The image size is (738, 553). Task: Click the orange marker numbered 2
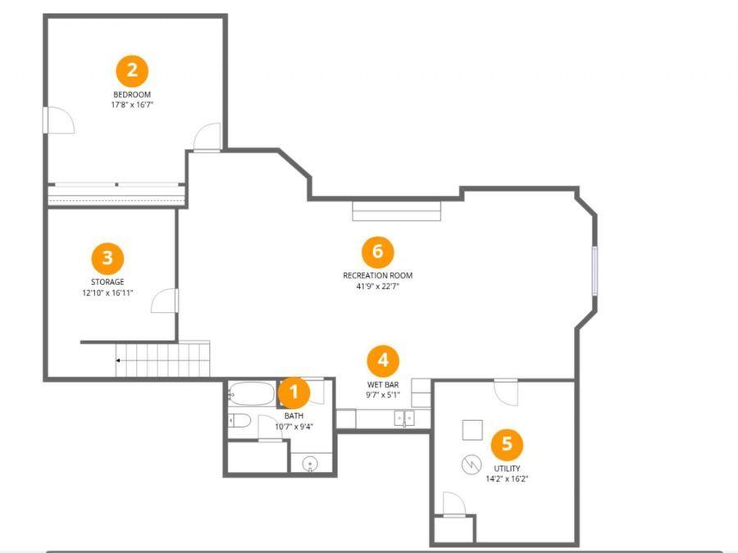pos(132,71)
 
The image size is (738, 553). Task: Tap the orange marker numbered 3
pos(107,258)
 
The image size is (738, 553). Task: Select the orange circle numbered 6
pos(378,252)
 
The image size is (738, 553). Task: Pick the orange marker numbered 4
pos(383,360)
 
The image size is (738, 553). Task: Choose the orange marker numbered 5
pos(507,444)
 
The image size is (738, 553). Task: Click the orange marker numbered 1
pos(294,392)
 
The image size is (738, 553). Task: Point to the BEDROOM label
pos(132,94)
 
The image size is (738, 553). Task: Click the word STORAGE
pos(107,282)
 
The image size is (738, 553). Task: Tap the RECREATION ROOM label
pos(378,275)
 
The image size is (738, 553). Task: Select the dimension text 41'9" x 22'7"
pos(378,287)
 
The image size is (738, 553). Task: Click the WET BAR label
pos(383,385)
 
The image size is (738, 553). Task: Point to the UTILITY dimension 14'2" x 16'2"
pos(507,479)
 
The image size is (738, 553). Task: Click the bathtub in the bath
pos(252,393)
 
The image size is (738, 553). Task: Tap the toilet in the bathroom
pos(239,420)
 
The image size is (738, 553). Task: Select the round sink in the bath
pos(310,465)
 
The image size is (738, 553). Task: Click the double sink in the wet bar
pos(404,418)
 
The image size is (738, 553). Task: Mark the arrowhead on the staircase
pos(118,360)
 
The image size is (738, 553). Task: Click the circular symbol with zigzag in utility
pos(471,465)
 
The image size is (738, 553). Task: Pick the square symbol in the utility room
pos(472,430)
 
